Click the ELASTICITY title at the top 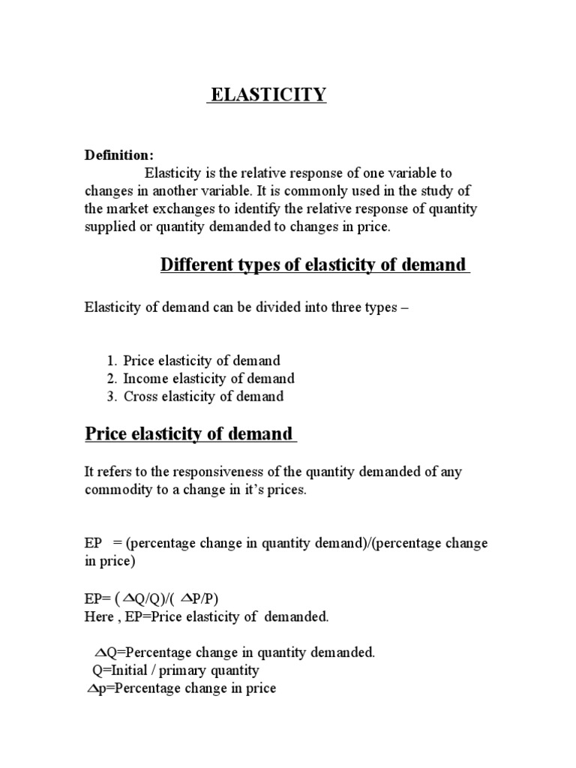click(x=268, y=94)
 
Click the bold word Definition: click(x=118, y=155)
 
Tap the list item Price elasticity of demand click(x=202, y=361)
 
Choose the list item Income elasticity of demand click(x=208, y=379)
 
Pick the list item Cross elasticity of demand click(x=203, y=397)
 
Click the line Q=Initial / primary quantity click(x=175, y=670)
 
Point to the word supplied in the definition click(x=110, y=227)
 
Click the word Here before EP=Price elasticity click(x=100, y=616)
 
